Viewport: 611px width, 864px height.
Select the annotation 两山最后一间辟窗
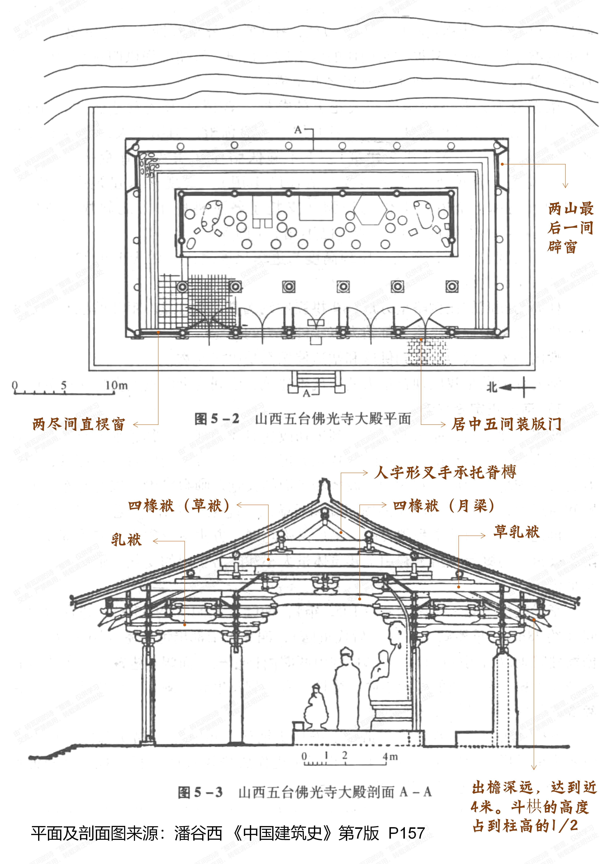pos(570,228)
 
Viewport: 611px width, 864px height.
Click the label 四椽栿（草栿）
pos(179,505)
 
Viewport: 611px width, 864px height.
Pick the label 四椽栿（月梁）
pos(444,505)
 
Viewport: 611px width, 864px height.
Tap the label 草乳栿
pos(516,532)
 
